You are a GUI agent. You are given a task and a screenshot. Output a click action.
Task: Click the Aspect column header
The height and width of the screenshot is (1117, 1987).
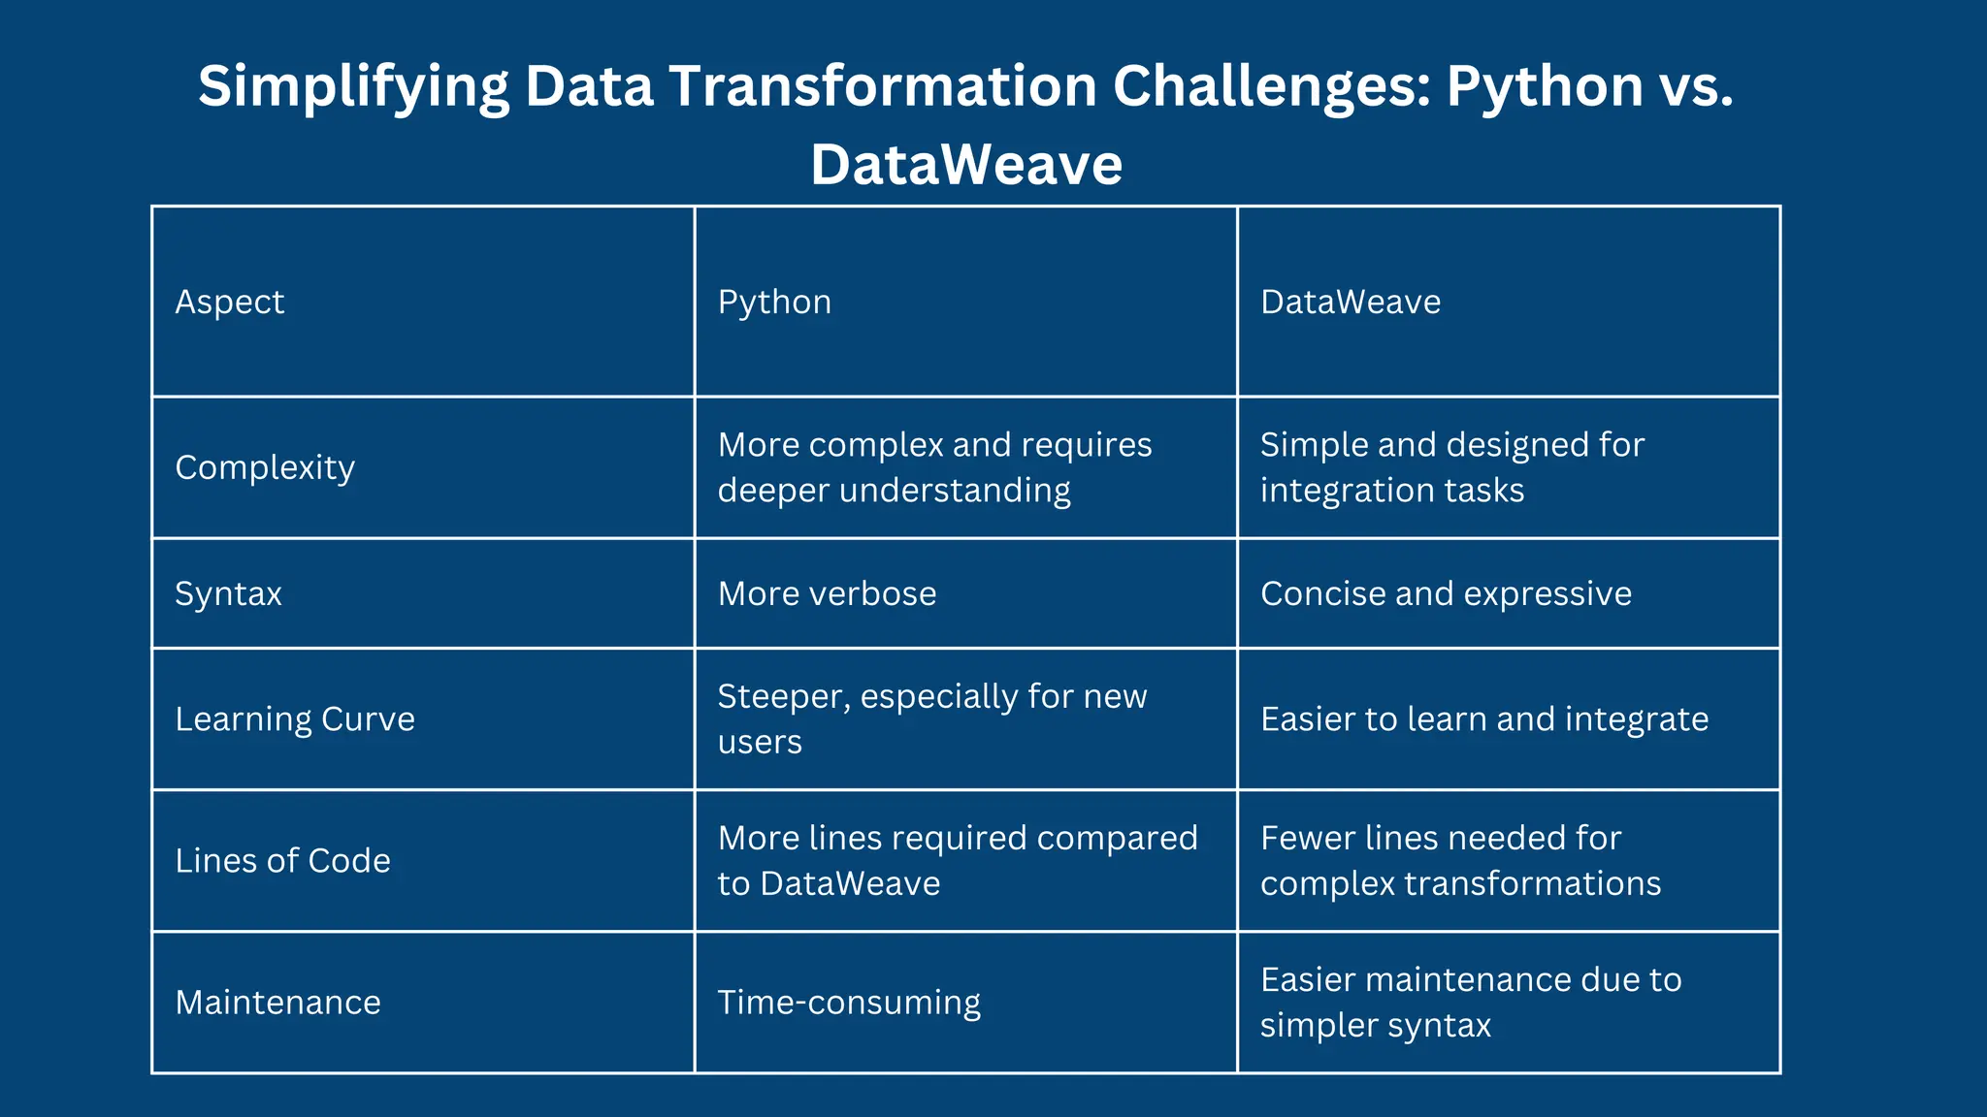[230, 302]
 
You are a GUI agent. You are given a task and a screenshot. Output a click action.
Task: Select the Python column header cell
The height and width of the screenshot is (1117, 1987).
[774, 302]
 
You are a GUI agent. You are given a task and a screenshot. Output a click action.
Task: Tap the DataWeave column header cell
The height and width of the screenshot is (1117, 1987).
[1350, 302]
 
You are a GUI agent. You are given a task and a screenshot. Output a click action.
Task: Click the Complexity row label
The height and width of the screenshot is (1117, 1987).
[265, 467]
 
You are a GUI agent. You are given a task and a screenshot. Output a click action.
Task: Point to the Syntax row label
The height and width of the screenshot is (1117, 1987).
[228, 593]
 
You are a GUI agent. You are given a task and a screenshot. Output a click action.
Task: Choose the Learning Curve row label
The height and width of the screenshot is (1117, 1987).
[295, 718]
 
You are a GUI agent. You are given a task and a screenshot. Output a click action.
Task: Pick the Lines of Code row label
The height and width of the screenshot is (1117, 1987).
[282, 860]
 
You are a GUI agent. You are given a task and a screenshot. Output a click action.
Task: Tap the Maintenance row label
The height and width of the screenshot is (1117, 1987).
[277, 1002]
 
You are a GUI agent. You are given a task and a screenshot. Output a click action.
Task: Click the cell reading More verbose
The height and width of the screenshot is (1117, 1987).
[827, 593]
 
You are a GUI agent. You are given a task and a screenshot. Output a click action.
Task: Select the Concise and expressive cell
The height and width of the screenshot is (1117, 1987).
[1446, 593]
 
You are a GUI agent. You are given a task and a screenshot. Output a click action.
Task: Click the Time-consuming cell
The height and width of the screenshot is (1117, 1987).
[849, 1002]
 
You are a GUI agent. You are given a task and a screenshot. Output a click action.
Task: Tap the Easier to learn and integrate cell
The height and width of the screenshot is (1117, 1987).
[1483, 718]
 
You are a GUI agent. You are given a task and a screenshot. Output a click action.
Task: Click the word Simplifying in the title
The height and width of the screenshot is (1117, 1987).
[353, 87]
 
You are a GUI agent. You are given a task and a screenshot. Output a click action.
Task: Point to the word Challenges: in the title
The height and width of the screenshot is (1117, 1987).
[1271, 87]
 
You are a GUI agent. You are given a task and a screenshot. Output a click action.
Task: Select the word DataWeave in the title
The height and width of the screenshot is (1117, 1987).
[966, 165]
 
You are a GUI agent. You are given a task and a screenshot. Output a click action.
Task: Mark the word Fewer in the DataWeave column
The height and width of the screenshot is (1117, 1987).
[1307, 838]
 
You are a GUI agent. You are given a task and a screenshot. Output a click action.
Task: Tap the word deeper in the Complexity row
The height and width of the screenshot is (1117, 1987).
[773, 491]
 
